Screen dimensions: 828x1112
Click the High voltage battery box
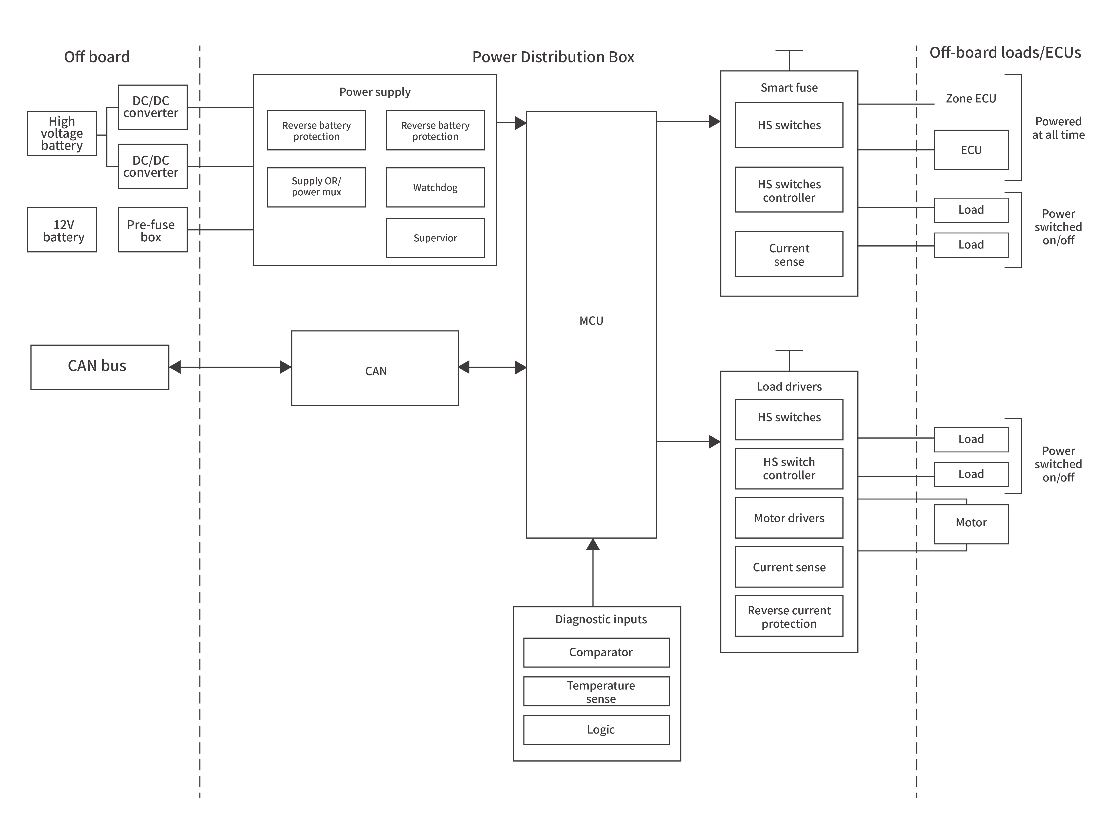(62, 133)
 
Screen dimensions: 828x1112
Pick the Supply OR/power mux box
(316, 187)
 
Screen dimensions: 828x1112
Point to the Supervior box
(435, 238)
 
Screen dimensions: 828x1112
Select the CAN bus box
(100, 367)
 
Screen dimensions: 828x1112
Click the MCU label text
(591, 321)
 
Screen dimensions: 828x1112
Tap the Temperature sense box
(597, 692)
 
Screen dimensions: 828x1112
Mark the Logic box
(597, 730)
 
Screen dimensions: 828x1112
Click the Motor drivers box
(789, 518)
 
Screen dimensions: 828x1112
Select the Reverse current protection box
(789, 616)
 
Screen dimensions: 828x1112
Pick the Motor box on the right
(971, 524)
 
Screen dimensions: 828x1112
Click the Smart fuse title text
(789, 88)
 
